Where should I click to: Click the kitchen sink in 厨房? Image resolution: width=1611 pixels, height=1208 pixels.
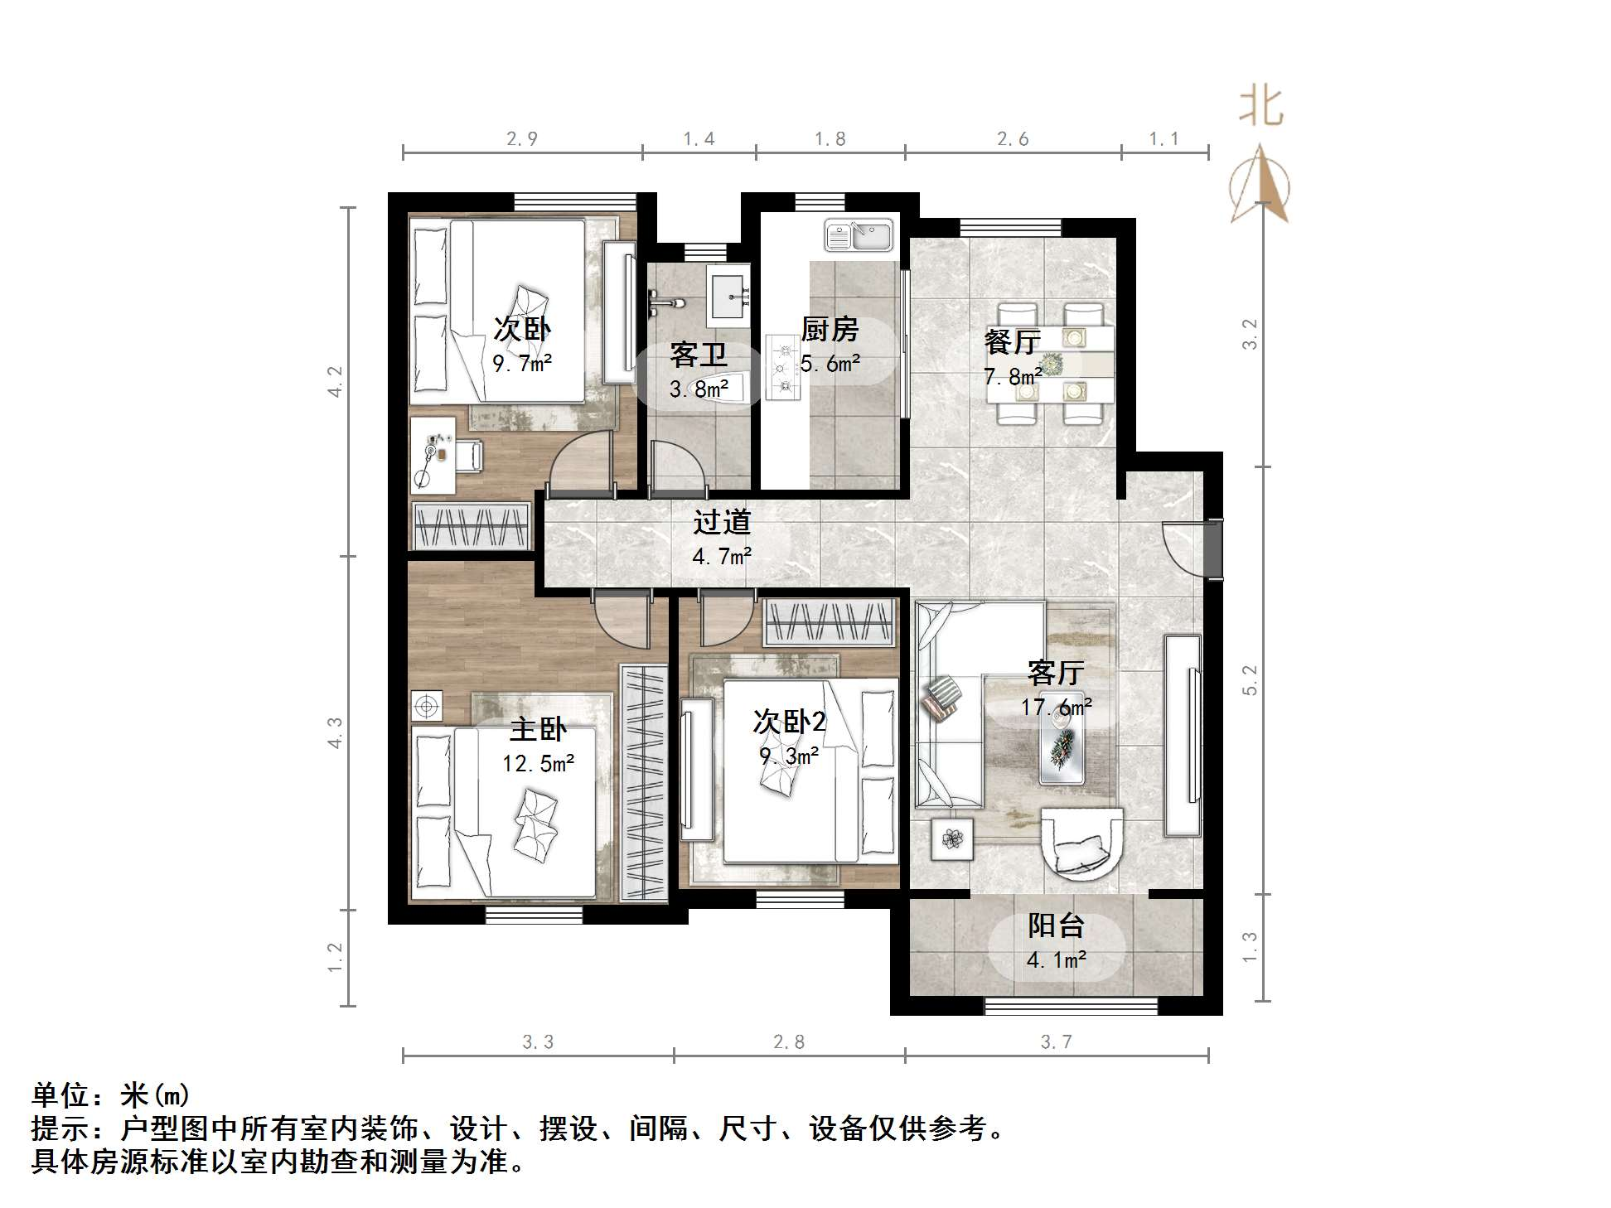[x=859, y=234]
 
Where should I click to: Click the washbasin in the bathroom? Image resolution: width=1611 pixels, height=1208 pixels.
[x=728, y=296]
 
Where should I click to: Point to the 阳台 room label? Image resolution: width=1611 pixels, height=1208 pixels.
[x=1056, y=925]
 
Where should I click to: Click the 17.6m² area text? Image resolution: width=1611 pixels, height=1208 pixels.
[x=1056, y=707]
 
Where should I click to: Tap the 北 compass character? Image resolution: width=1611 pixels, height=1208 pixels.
[x=1260, y=108]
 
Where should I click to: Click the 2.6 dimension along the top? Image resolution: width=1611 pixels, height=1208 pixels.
[x=1013, y=138]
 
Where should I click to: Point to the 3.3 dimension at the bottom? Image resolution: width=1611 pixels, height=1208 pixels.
[x=538, y=1042]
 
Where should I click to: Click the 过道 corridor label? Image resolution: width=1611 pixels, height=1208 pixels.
[x=722, y=522]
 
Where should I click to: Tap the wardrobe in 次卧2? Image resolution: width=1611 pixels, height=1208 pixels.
[x=830, y=622]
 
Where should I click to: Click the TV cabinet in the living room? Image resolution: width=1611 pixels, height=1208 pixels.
[x=1183, y=734]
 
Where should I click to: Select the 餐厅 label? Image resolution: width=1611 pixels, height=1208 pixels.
[x=1012, y=342]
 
